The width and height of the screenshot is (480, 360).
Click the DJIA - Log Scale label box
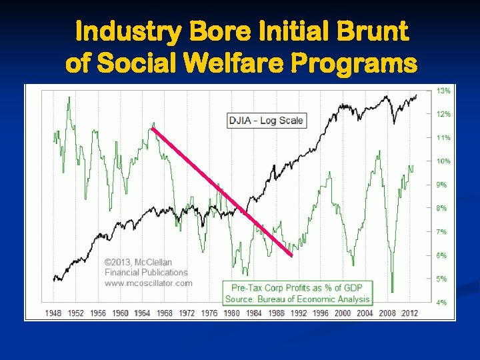tap(266, 121)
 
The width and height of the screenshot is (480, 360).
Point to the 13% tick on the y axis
tap(443, 90)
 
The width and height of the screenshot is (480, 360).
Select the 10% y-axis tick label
tap(443, 161)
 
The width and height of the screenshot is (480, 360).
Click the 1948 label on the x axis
tap(54, 313)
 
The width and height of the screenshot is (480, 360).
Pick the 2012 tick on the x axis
tap(410, 313)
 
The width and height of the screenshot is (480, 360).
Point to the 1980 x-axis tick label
tap(231, 313)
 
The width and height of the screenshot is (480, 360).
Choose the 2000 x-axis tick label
tap(343, 313)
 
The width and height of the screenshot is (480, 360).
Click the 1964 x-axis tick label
tap(143, 313)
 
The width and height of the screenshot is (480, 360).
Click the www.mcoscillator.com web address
tap(148, 283)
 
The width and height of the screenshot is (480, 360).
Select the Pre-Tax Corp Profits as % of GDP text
tap(297, 288)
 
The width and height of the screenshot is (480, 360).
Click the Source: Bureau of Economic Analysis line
tap(297, 299)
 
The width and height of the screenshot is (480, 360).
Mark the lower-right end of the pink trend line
tap(291, 255)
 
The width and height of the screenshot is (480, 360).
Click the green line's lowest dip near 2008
tap(392, 291)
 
